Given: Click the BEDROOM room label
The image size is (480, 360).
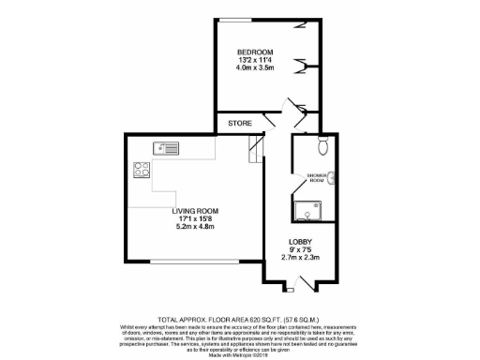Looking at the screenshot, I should [255, 52].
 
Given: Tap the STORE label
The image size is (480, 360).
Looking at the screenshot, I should [239, 123].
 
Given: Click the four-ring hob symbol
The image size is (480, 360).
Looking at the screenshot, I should [143, 171].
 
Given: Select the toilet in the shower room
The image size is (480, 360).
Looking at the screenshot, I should [322, 145].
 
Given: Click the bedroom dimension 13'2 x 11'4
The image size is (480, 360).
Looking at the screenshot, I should [255, 61].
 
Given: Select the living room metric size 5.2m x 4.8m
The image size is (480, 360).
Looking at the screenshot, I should [194, 228].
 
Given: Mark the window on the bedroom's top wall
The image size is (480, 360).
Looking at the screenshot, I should [233, 19].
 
